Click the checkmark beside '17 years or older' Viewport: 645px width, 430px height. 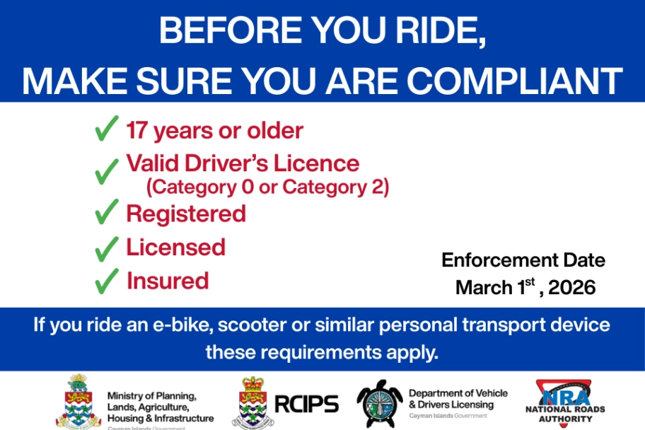(106, 130)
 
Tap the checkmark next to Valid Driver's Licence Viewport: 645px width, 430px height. (106, 169)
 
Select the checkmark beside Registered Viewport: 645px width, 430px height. (106, 211)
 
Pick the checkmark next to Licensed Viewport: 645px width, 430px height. (106, 248)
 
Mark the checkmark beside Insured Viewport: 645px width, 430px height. (106, 281)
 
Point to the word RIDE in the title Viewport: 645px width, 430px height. (432, 31)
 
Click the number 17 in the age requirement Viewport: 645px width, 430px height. (136, 130)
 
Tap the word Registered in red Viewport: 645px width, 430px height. (186, 213)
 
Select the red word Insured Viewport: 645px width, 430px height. (168, 281)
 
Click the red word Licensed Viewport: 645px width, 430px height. (175, 247)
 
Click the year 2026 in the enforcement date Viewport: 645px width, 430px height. (572, 288)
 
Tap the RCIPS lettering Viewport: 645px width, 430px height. (306, 404)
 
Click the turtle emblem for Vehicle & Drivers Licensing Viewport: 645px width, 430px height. (380, 403)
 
